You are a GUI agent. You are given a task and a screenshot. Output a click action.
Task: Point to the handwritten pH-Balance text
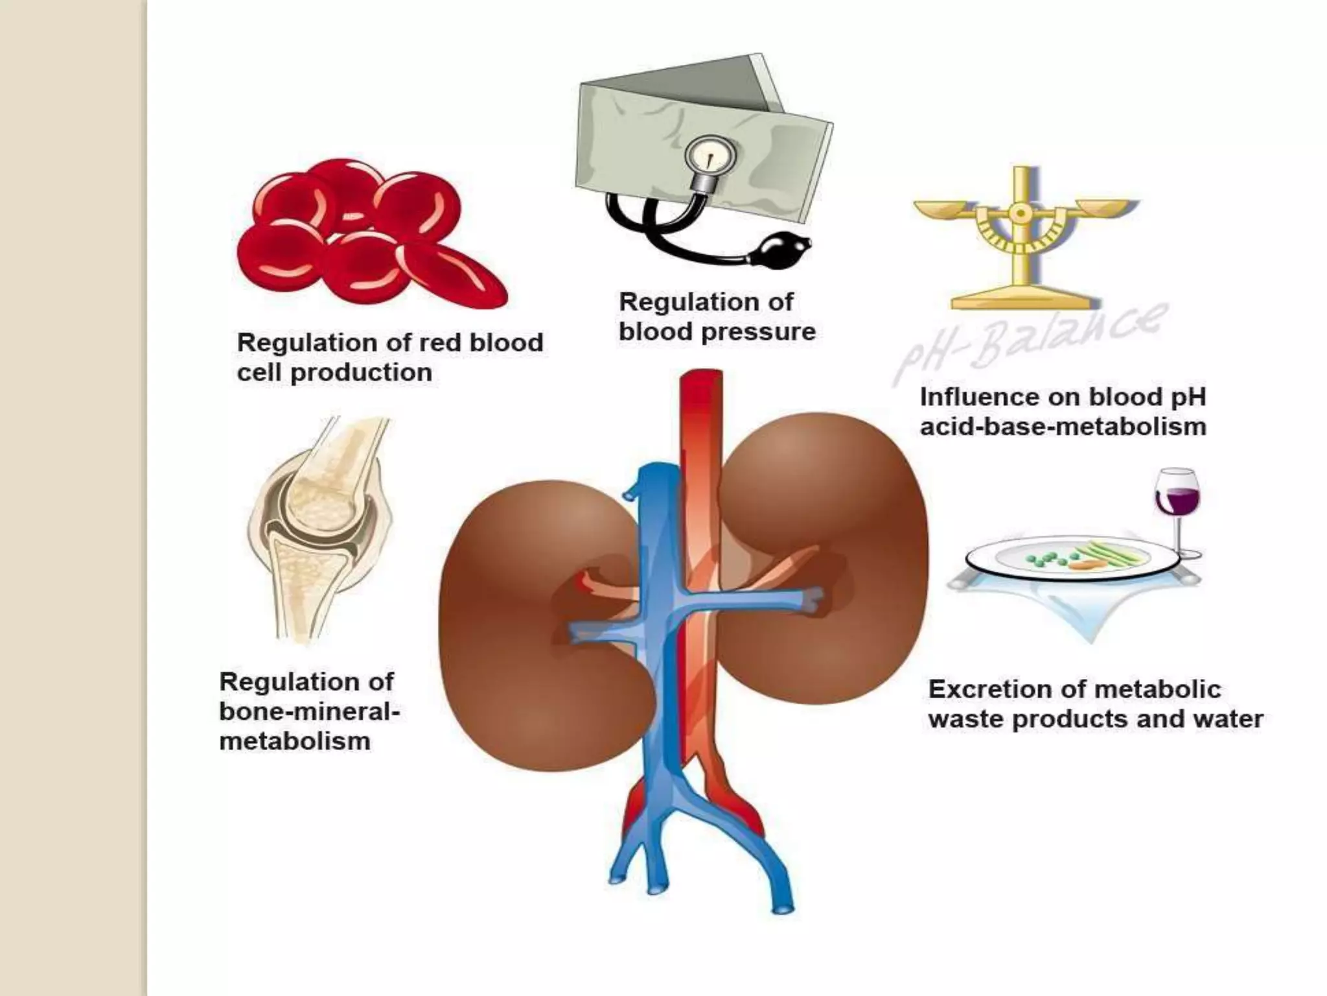(1030, 344)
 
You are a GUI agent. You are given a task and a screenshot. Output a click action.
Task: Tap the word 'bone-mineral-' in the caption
(310, 711)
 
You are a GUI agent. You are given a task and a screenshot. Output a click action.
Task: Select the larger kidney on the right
(823, 558)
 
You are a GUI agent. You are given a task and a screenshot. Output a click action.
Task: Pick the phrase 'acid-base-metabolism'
(1063, 427)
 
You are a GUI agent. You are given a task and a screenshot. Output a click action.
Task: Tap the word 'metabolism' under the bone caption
(295, 741)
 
